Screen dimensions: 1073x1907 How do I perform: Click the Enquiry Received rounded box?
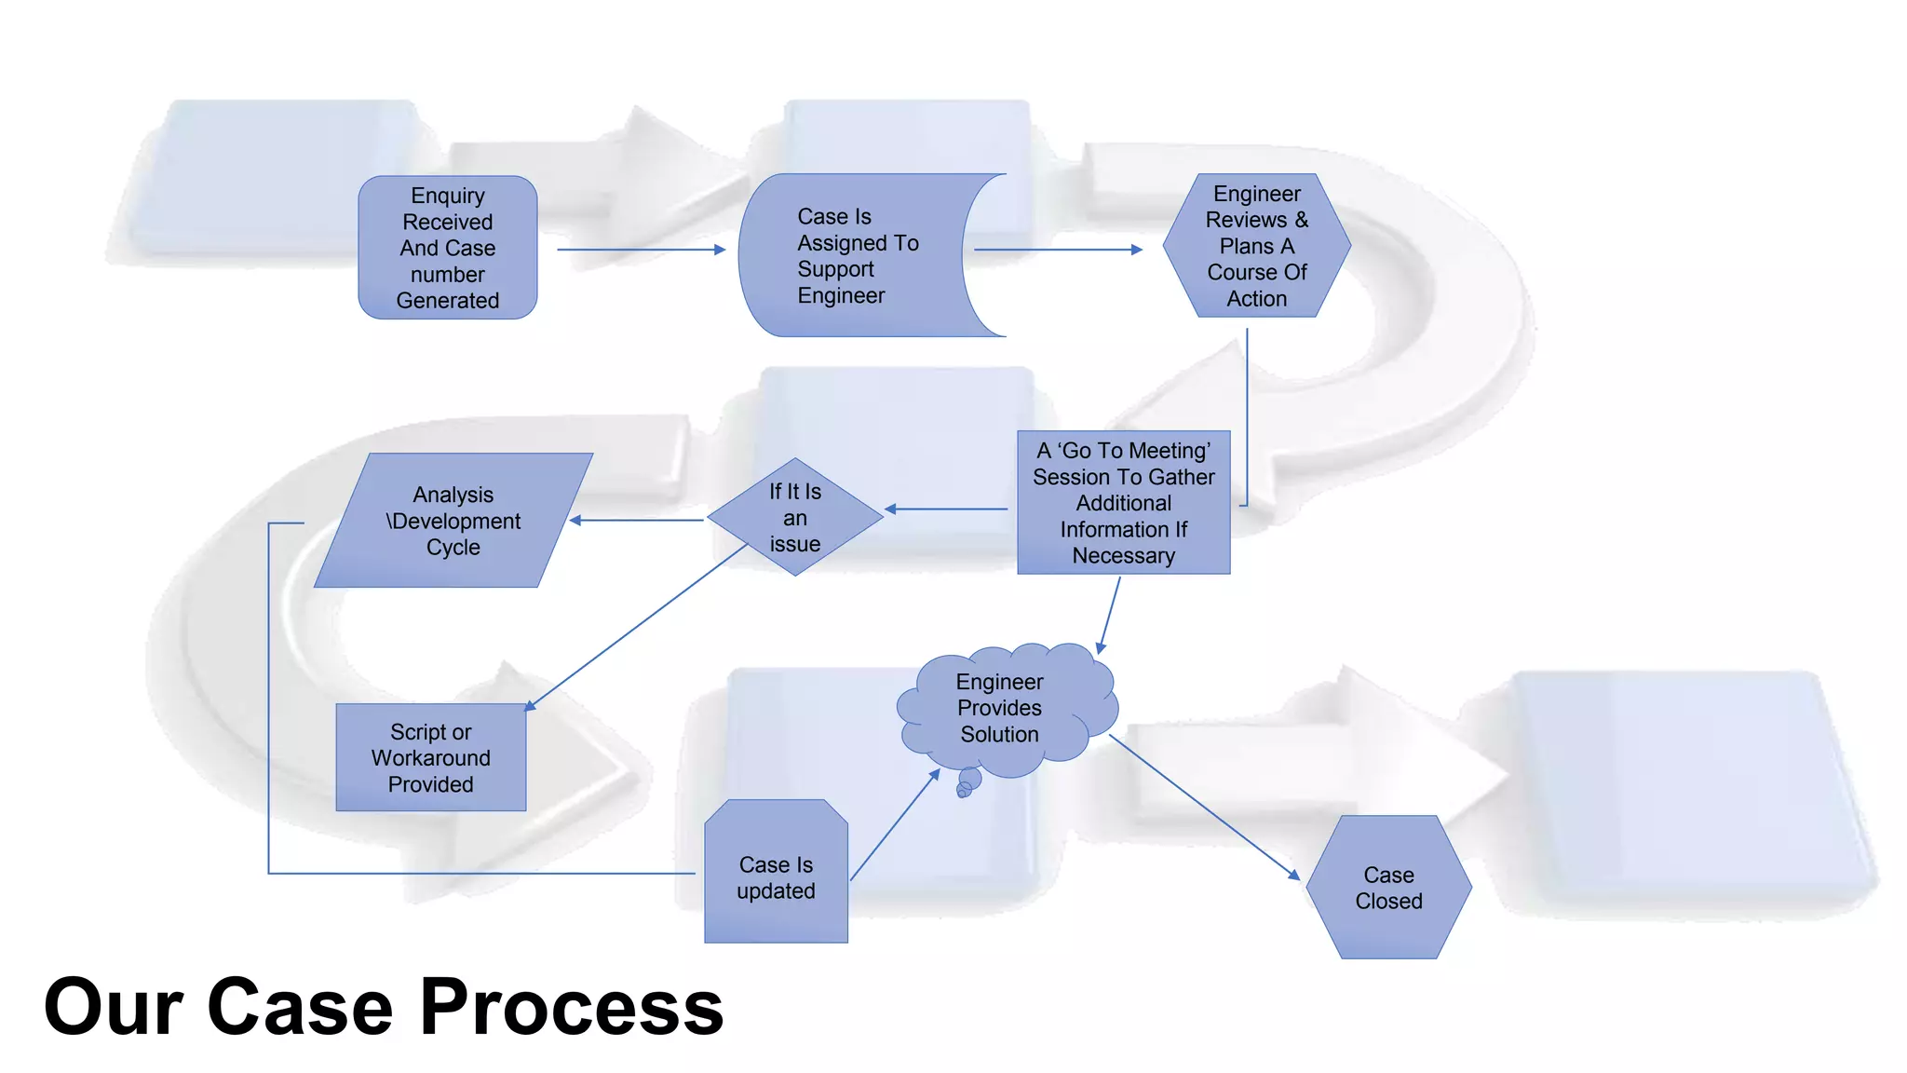click(447, 248)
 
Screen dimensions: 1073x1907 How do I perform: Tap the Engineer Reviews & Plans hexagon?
click(1256, 246)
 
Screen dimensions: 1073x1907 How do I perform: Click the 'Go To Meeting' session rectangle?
click(1123, 503)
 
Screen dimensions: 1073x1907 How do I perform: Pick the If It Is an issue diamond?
click(794, 518)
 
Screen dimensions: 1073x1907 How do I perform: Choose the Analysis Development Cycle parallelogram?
click(453, 521)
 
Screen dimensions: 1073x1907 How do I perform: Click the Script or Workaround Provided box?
click(430, 757)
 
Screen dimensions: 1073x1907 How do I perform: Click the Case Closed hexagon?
click(1388, 888)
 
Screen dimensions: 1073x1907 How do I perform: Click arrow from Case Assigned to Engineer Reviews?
click(1058, 250)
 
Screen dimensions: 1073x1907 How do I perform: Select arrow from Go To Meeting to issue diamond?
click(946, 509)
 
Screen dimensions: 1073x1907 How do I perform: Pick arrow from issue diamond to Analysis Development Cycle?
click(637, 520)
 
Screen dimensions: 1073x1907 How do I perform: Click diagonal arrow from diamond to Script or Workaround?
click(637, 627)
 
